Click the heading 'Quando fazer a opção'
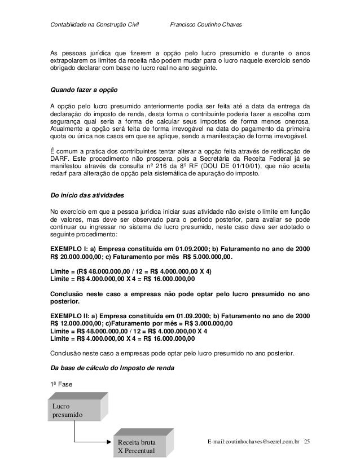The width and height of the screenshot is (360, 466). coord(85,90)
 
